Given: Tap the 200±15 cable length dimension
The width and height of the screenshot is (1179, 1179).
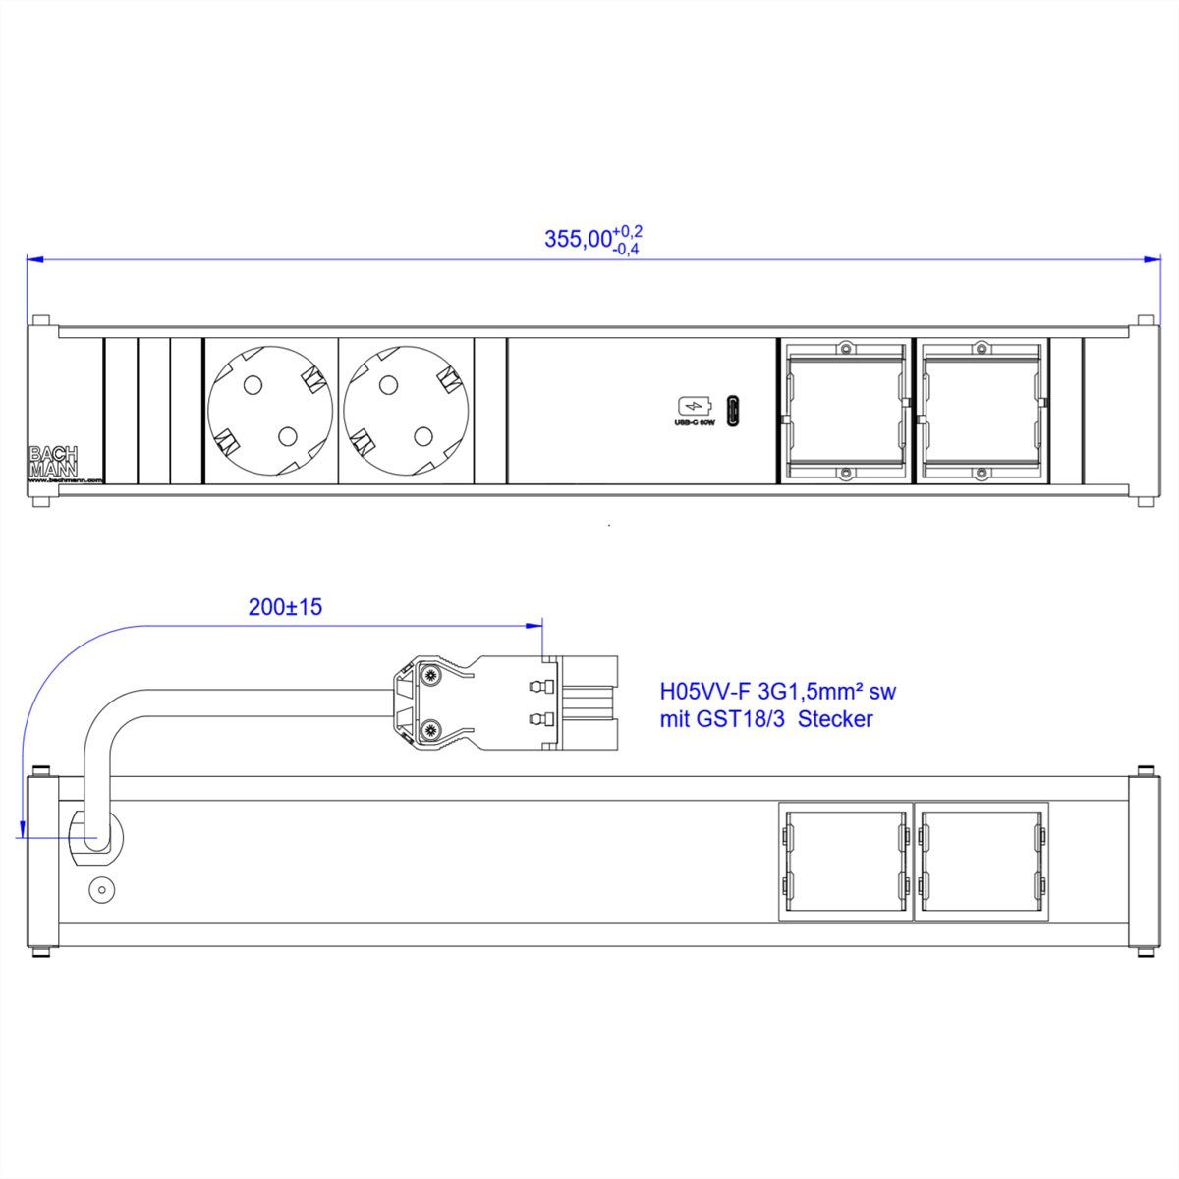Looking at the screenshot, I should click(285, 607).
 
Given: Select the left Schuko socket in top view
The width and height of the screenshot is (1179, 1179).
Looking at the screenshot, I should click(270, 412).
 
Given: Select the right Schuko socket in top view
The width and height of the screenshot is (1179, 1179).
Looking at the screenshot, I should click(406, 412).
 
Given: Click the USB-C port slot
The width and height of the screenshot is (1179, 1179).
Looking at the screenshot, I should click(732, 411).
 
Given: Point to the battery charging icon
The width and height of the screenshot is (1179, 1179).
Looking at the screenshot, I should click(692, 406).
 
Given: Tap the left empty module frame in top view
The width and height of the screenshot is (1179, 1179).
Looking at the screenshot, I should click(843, 412).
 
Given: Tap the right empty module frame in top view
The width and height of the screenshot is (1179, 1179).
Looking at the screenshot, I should click(980, 412).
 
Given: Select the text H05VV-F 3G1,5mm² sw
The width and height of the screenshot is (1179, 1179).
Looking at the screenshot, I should click(776, 692).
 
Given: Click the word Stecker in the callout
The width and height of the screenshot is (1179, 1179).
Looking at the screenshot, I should click(835, 719).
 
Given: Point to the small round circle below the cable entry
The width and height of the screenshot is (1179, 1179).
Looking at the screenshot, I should click(99, 890).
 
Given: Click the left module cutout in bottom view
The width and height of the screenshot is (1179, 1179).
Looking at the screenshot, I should click(844, 862).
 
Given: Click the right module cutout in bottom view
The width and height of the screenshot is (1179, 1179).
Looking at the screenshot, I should click(980, 862).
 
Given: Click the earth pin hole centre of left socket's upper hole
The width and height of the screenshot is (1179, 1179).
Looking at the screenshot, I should click(252, 384).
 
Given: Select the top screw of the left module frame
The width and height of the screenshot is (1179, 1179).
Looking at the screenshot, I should click(843, 348).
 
